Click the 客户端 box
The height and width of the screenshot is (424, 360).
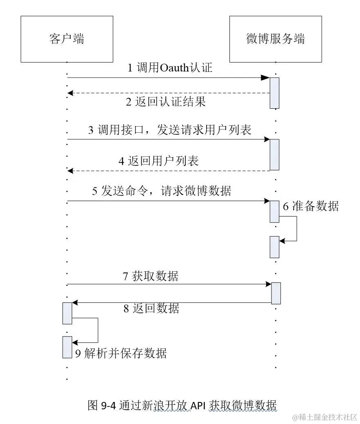[x=67, y=39]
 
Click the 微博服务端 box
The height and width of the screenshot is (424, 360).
[x=276, y=39]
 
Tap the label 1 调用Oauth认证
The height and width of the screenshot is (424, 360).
[x=170, y=67]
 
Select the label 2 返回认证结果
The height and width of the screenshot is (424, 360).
[x=165, y=102]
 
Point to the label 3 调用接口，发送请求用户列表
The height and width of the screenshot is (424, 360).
[x=170, y=130]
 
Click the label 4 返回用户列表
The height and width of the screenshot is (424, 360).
[x=158, y=161]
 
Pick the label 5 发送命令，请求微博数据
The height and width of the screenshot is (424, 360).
[x=161, y=191]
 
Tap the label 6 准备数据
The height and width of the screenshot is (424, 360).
[x=311, y=206]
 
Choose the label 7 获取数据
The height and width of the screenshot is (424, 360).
[x=150, y=276]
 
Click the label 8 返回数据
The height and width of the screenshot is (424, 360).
[x=151, y=308]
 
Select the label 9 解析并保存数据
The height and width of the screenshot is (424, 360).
[x=121, y=353]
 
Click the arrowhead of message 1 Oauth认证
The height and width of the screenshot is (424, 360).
[x=265, y=78]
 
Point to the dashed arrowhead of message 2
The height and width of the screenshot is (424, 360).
[x=70, y=93]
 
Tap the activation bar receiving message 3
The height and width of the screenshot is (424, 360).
[x=274, y=154]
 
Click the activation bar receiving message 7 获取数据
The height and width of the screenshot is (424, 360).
[x=276, y=293]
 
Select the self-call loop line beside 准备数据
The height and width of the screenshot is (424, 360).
[x=296, y=229]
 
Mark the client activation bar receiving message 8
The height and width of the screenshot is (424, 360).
[x=67, y=313]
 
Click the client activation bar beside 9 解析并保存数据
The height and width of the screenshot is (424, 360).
[x=67, y=347]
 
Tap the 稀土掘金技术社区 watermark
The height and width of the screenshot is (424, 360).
[x=324, y=417]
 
